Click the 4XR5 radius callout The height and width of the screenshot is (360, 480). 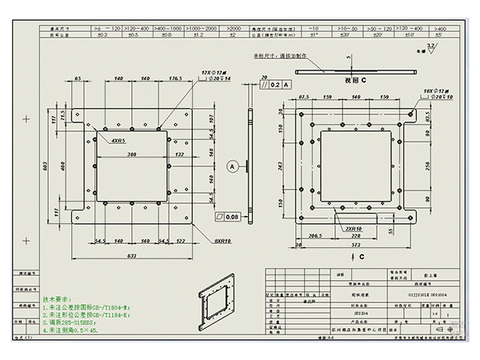[118, 141]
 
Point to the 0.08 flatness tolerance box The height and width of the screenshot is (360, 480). [228, 216]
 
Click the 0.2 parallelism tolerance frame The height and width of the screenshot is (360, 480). [274, 83]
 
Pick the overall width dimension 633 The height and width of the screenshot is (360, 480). [131, 256]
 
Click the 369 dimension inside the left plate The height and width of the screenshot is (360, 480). [130, 154]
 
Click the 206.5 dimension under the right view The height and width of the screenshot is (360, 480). [315, 236]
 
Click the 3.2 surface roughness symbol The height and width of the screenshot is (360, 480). [432, 48]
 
